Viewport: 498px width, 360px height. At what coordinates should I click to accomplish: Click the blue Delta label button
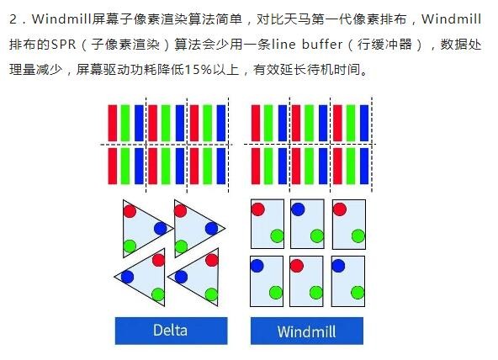pyautogui.click(x=172, y=331)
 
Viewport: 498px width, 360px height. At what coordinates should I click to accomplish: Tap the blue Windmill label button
pyautogui.click(x=307, y=331)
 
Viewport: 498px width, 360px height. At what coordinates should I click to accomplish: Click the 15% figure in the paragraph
pyautogui.click(x=199, y=69)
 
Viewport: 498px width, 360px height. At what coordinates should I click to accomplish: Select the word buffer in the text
pyautogui.click(x=322, y=44)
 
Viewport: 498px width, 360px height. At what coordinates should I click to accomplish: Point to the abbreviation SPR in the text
pyautogui.click(x=64, y=44)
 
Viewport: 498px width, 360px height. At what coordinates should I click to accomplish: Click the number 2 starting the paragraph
pyautogui.click(x=13, y=19)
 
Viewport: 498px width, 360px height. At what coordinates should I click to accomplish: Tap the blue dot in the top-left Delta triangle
pyautogui.click(x=160, y=228)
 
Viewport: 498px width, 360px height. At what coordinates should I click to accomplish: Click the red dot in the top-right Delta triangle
pyautogui.click(x=180, y=211)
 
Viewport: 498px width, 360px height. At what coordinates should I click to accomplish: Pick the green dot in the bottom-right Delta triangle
pyautogui.click(x=211, y=294)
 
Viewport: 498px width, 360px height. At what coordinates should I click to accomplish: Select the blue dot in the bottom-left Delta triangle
pyautogui.click(x=127, y=277)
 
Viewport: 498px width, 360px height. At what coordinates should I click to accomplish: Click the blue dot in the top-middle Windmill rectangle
pyautogui.click(x=298, y=209)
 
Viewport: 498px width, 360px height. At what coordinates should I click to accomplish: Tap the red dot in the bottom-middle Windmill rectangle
pyautogui.click(x=297, y=266)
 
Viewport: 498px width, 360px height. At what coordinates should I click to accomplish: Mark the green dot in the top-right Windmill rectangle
pyautogui.click(x=358, y=236)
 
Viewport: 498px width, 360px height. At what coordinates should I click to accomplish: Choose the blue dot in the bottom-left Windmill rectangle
pyautogui.click(x=257, y=266)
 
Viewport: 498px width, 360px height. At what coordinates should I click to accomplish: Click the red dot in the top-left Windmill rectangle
pyautogui.click(x=257, y=209)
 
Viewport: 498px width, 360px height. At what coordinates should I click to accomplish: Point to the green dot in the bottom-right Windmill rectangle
pyautogui.click(x=358, y=293)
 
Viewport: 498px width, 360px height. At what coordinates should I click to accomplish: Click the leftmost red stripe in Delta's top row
pyautogui.click(x=113, y=123)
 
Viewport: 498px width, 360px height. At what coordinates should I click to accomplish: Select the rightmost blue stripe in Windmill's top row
pyautogui.click(x=364, y=123)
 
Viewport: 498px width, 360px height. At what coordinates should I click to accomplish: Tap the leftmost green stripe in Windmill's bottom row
pyautogui.click(x=268, y=166)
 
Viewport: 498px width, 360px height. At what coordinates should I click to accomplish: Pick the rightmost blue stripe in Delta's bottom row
pyautogui.click(x=221, y=166)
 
